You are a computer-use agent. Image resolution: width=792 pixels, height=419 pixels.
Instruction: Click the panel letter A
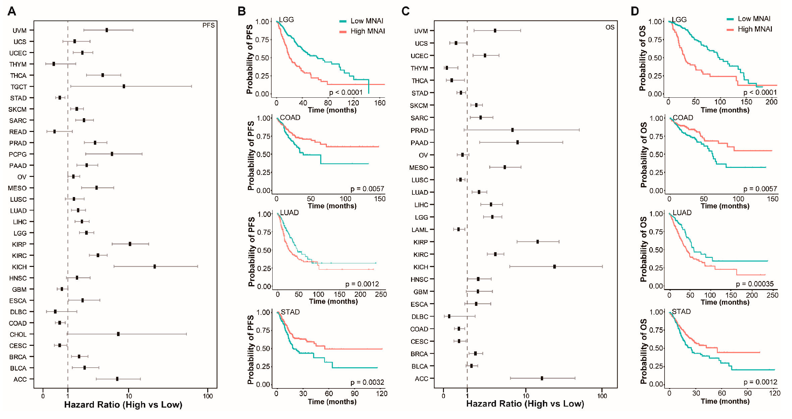point(12,11)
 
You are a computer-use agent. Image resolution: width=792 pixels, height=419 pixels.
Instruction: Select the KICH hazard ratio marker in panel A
point(155,267)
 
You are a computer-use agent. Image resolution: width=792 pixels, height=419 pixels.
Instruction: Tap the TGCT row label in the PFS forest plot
point(18,87)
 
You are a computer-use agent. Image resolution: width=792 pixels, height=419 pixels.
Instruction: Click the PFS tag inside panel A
point(208,26)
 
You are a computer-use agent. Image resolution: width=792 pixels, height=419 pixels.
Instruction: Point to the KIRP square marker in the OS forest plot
point(538,242)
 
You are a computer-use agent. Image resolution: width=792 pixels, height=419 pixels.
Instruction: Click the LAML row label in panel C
point(419,230)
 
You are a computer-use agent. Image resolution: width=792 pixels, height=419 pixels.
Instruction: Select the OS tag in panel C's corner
point(610,27)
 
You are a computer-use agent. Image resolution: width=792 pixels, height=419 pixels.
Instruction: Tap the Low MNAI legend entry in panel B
point(366,21)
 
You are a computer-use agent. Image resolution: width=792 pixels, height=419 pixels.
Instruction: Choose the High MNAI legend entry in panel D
point(754,29)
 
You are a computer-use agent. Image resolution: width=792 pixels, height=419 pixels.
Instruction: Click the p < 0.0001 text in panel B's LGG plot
point(346,92)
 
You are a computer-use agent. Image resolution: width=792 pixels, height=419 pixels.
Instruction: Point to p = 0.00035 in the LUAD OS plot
point(754,284)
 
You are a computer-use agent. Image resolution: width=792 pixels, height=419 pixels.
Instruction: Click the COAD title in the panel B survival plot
point(290,118)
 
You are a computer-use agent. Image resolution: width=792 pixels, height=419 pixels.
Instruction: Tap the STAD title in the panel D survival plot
point(681,312)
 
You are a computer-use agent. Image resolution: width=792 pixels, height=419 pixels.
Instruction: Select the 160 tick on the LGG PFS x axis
point(380,103)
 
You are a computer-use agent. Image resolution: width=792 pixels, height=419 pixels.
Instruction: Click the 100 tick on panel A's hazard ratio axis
point(208,396)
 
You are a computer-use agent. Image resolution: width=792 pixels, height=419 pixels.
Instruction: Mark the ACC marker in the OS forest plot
point(542,378)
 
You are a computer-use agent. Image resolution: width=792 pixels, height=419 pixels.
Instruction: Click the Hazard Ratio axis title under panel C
point(525,404)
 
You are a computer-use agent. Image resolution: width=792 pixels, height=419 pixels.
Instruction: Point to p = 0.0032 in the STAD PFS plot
point(367,382)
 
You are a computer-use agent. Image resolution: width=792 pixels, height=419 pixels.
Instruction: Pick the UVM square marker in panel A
point(107,30)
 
